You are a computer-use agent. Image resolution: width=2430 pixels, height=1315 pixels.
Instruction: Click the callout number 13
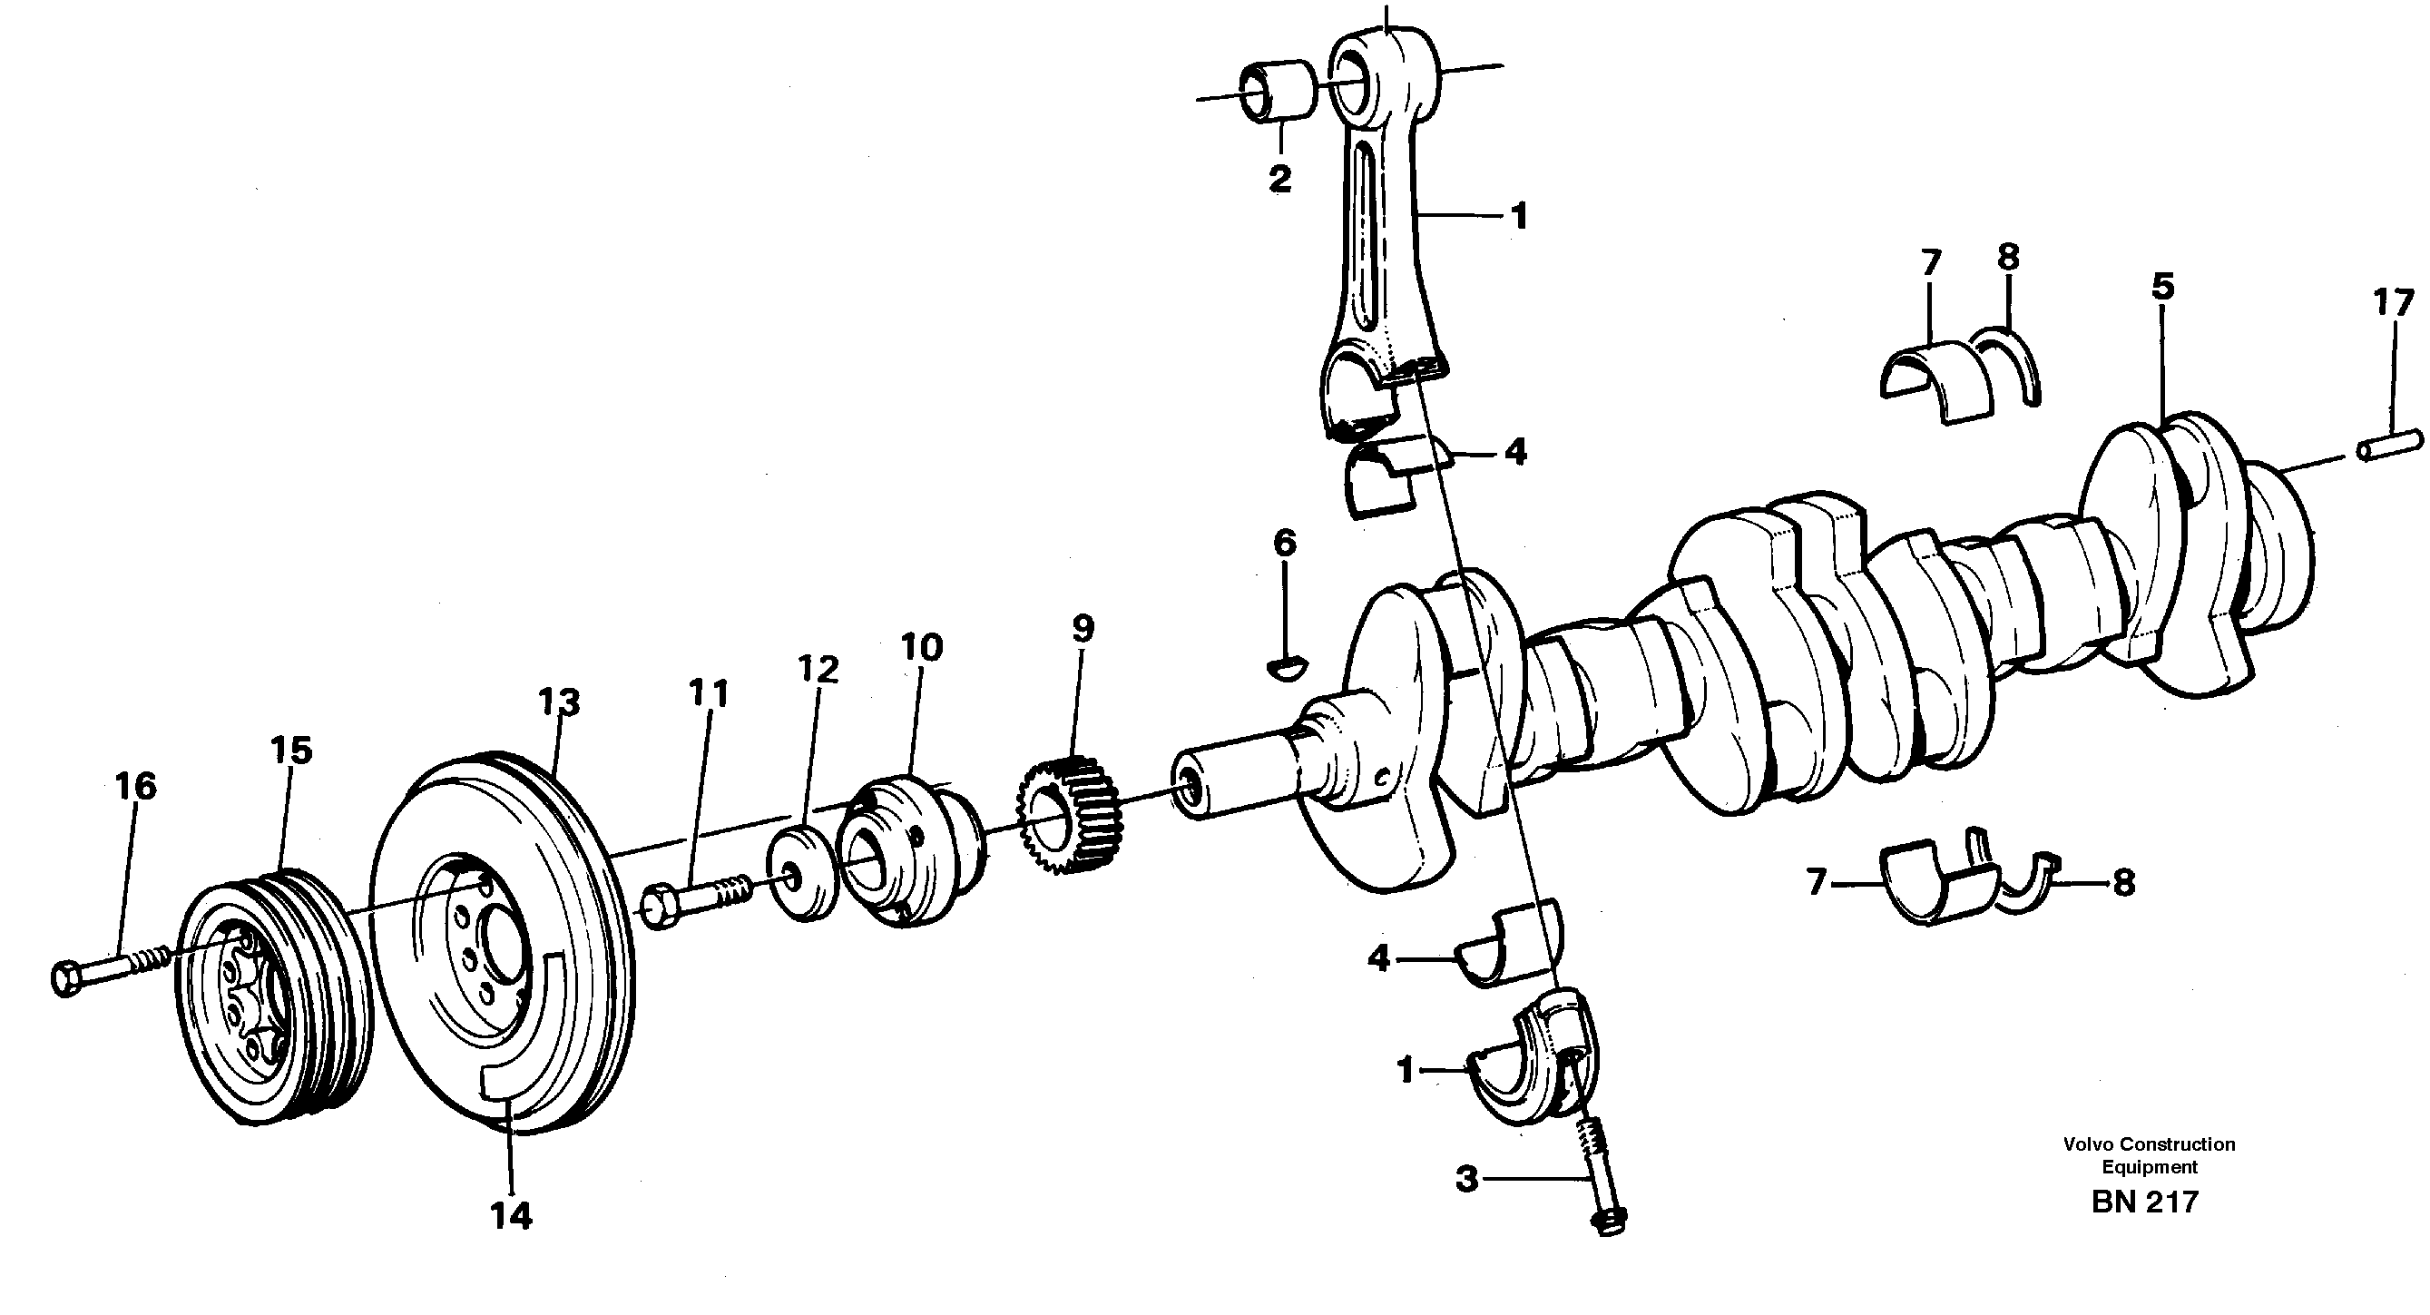click(x=559, y=702)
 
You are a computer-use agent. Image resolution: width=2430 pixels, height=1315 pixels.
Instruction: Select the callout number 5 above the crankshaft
click(x=2163, y=287)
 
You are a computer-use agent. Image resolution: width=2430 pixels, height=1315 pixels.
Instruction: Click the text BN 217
click(x=2144, y=1202)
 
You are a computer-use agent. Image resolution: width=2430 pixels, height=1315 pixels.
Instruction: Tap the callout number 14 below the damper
click(x=510, y=1216)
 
